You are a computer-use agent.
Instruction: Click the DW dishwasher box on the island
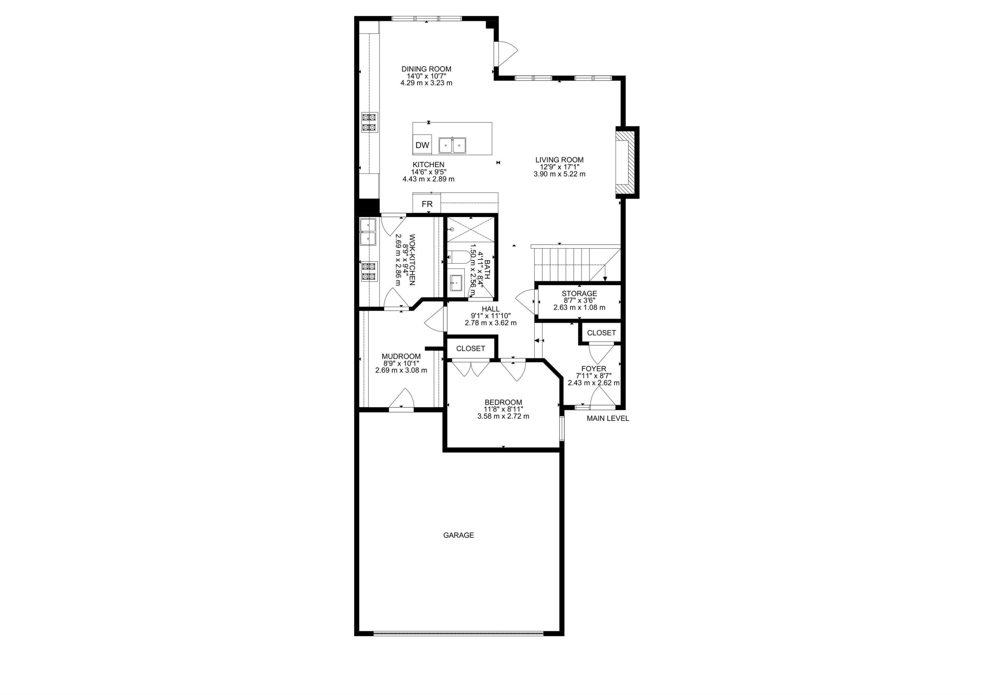[x=422, y=145]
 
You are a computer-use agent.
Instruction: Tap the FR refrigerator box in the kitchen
[x=427, y=204]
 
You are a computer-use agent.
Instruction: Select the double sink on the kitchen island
[x=453, y=146]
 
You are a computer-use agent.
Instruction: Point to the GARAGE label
[x=458, y=535]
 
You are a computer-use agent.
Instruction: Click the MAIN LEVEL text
[x=607, y=419]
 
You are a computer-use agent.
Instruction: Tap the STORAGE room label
[x=579, y=294]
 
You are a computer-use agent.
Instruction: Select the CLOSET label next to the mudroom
[x=471, y=349]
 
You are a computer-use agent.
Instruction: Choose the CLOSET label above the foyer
[x=601, y=333]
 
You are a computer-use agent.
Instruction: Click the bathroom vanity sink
[x=456, y=282]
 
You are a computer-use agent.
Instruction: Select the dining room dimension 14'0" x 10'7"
[x=426, y=76]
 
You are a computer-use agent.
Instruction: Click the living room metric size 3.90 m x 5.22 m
[x=559, y=174]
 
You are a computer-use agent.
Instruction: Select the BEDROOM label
[x=503, y=402]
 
